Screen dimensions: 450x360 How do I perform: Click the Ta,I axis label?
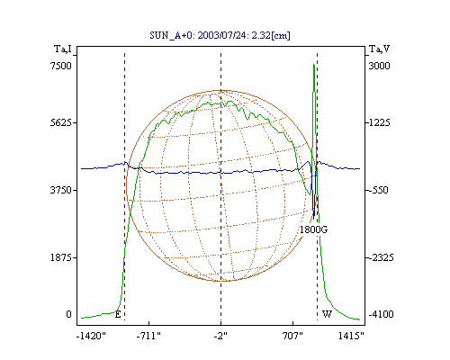coord(63,49)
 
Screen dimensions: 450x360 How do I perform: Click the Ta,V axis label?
coord(379,49)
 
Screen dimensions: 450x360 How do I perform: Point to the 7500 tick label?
coord(61,66)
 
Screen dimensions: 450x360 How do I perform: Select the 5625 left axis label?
coord(61,122)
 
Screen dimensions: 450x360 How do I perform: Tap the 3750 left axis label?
coord(61,190)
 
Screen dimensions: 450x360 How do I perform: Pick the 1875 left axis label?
coord(61,257)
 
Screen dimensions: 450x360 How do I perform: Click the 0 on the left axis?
coord(68,314)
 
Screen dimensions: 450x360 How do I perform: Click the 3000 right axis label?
coord(379,66)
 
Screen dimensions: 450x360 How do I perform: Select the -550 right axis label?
coord(378,190)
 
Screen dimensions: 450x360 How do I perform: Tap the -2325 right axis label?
coord(381,257)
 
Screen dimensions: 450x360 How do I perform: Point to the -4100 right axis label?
coord(381,314)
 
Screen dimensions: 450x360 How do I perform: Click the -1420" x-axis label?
coord(91,336)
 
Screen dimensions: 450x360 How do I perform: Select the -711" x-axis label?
coord(148,336)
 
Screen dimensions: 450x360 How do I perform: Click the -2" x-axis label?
coord(220,336)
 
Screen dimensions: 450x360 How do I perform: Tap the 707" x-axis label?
coord(292,336)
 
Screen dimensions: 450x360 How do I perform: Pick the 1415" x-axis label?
coord(351,336)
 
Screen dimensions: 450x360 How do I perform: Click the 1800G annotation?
coord(313,229)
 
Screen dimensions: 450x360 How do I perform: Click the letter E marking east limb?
coord(118,314)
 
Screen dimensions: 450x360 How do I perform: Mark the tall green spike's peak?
coord(314,64)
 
